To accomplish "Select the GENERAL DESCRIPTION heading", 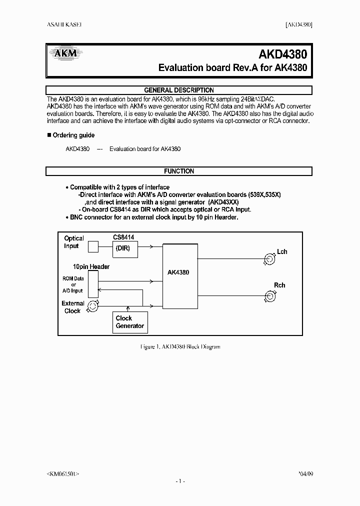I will click(179, 90).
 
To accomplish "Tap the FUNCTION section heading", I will click(179, 171).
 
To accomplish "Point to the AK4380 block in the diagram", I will click(178, 273).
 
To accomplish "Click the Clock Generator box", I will click(130, 322).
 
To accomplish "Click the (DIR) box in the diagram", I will click(125, 248).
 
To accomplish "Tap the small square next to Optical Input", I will click(93, 246).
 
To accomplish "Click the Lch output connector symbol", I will click(270, 259).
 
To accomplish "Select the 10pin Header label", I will click(91, 266).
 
